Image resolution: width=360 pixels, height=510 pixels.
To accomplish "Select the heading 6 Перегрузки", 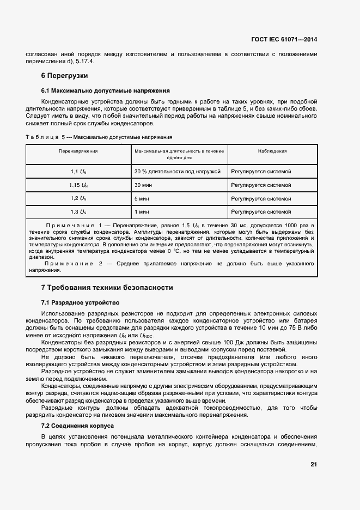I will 65,75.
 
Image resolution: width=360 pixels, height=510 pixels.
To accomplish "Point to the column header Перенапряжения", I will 78,151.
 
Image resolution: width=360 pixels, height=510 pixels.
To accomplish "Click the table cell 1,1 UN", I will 78,172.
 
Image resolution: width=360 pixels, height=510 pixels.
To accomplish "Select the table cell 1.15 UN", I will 78,185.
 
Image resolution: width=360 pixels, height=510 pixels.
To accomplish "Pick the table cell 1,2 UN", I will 78,198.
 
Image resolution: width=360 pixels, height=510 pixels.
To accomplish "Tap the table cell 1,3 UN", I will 78,211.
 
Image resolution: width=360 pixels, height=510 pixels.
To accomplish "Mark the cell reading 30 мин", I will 143,185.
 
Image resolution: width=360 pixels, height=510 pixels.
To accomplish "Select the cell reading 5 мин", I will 141,198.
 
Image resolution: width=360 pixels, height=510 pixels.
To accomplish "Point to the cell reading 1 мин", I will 141,211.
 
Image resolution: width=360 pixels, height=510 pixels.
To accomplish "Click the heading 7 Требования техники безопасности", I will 107,287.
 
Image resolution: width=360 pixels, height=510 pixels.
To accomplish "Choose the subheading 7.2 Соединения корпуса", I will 77,425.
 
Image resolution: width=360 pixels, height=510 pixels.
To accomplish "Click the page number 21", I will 313,464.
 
